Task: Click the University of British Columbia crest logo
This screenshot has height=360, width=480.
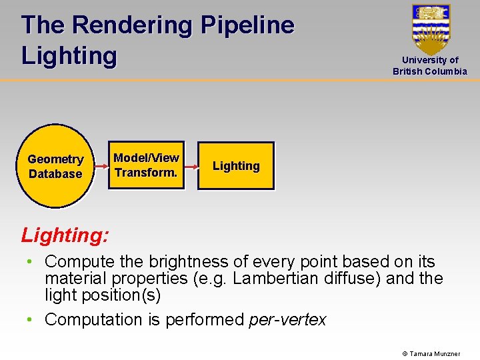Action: pyautogui.click(x=431, y=29)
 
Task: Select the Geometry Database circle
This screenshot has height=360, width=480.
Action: pyautogui.click(x=55, y=167)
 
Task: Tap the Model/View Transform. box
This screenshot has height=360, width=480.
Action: pyautogui.click(x=146, y=165)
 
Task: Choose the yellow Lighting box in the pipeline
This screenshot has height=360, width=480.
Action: pyautogui.click(x=236, y=166)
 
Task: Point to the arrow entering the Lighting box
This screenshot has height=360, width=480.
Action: pyautogui.click(x=191, y=166)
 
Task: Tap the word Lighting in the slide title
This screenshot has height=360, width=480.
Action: pyautogui.click(x=69, y=55)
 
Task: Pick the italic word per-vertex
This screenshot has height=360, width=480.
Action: pyautogui.click(x=287, y=320)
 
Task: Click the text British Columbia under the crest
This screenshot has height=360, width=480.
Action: pyautogui.click(x=430, y=71)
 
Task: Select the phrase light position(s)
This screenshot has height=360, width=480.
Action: pyautogui.click(x=103, y=295)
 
